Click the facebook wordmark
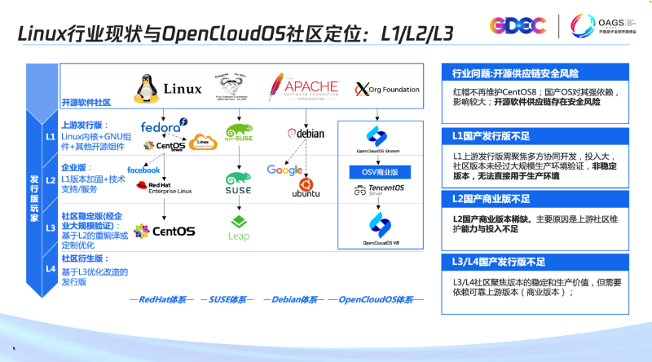coord(143,170)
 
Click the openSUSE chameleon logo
coord(238,132)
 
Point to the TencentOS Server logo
coord(381,192)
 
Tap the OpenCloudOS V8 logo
coord(381,228)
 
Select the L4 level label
coord(51,268)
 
